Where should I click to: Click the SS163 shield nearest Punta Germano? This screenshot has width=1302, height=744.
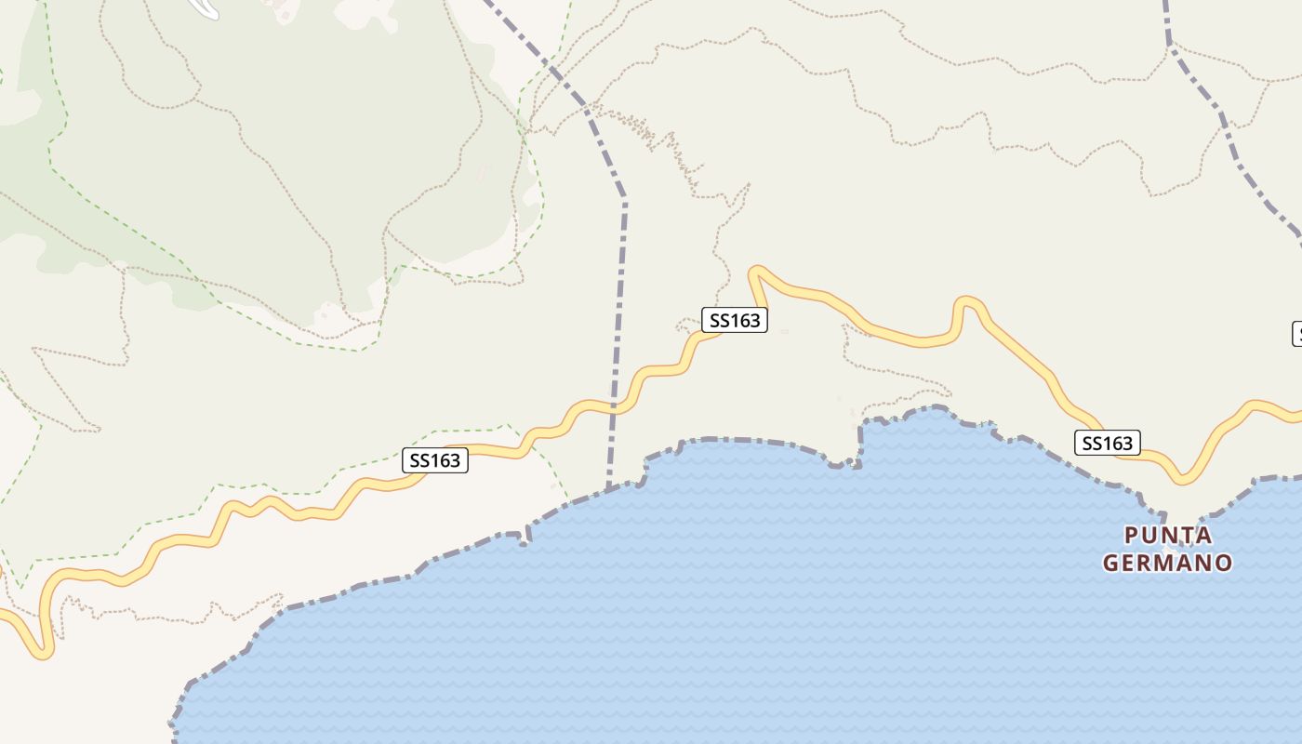tap(1107, 444)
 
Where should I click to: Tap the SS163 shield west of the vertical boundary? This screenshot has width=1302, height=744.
tap(435, 460)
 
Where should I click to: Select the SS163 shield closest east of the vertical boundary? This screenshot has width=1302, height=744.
tap(735, 321)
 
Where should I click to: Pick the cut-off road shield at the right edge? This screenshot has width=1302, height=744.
tap(1297, 333)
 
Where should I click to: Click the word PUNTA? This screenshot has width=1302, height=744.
tap(1168, 535)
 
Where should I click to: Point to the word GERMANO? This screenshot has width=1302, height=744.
tap(1168, 563)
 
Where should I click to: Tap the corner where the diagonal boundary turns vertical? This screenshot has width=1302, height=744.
tap(623, 198)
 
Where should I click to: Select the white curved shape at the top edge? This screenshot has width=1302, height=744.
tap(205, 8)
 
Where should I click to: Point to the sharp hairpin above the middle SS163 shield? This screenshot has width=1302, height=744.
tap(757, 272)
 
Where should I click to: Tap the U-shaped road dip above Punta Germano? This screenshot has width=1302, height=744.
tap(1181, 478)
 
